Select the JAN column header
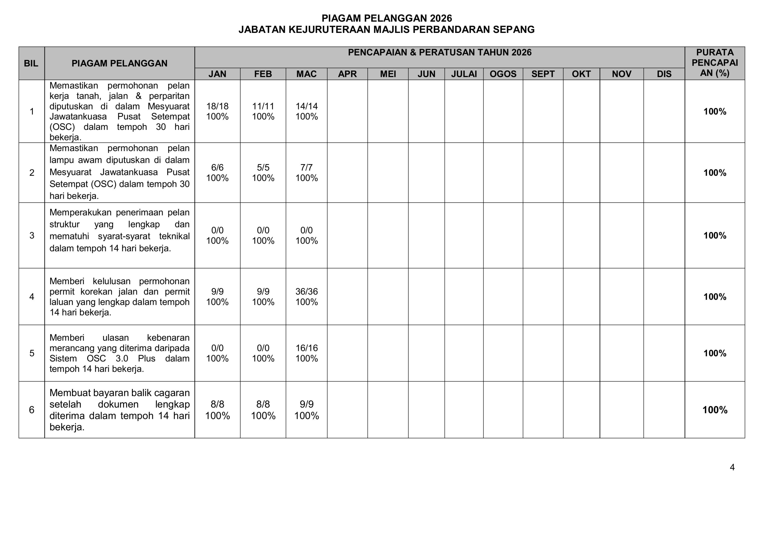point(217,74)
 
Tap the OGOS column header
point(503,74)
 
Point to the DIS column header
point(664,74)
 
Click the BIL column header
point(31,63)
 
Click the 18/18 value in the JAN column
point(217,106)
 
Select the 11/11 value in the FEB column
point(263,106)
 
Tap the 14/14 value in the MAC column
point(307,106)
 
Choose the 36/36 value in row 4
point(307,292)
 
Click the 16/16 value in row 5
point(307,348)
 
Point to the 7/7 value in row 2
point(307,167)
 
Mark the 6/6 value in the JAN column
point(217,167)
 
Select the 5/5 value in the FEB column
point(263,167)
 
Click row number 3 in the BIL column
point(32,235)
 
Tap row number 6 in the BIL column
point(32,410)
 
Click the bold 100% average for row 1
point(715,112)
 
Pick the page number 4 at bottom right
point(732,467)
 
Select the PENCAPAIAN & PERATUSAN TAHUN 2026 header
point(440,53)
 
